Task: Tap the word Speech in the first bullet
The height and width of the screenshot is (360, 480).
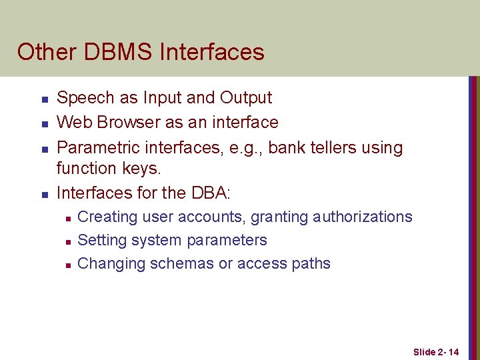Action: [x=86, y=98]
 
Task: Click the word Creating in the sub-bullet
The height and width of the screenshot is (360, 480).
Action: [x=107, y=217]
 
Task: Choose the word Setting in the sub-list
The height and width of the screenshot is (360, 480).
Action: [x=102, y=241]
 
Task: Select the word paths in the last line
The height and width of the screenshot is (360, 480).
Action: [x=311, y=264]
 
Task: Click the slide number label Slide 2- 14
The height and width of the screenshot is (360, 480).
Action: [x=436, y=351]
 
